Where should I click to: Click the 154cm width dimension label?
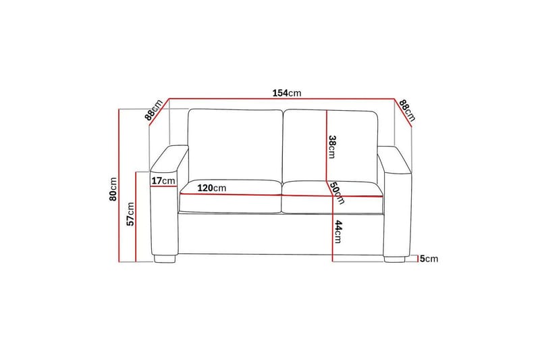287,93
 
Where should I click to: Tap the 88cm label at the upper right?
406,110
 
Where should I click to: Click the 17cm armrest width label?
163,181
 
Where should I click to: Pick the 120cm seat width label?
212,188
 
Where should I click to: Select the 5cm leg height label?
429,259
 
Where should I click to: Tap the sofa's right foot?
395,258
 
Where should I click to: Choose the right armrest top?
395,157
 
